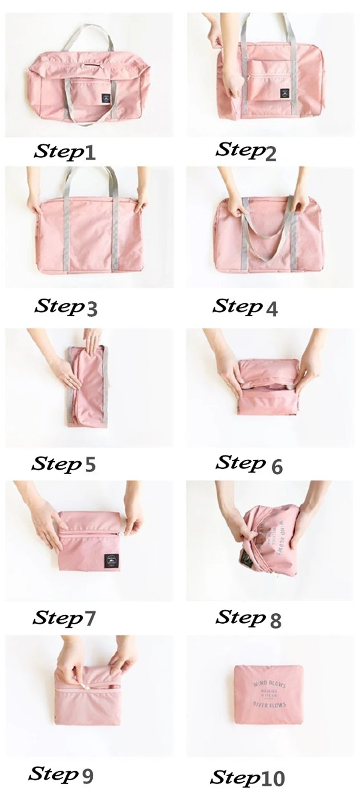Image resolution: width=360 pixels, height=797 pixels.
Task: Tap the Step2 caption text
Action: click(246, 151)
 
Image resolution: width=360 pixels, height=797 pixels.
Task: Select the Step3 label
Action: click(66, 307)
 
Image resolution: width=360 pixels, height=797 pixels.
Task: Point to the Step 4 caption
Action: click(245, 307)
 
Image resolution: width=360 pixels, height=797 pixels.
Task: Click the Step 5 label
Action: click(63, 464)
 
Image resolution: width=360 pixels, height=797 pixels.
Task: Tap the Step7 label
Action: click(64, 618)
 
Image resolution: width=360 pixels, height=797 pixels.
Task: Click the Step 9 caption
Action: click(60, 774)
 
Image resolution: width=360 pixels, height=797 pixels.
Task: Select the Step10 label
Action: click(248, 778)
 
